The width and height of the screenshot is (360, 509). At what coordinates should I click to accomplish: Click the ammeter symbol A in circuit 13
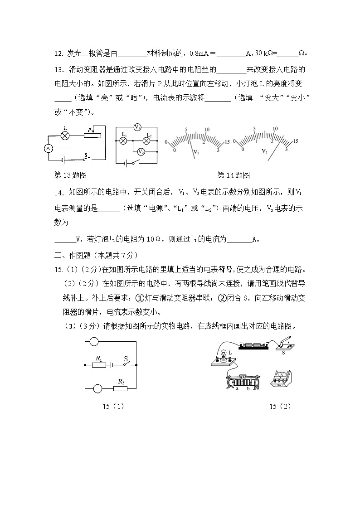tap(49, 148)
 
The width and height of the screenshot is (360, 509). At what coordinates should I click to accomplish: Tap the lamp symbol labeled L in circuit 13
tap(65, 136)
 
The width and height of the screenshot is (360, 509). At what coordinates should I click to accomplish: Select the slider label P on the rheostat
tap(89, 131)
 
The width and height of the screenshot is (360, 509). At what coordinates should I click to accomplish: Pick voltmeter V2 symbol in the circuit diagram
tap(141, 151)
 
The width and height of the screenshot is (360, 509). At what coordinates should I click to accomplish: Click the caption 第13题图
tap(70, 175)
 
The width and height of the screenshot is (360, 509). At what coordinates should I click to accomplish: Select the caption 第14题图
tap(234, 175)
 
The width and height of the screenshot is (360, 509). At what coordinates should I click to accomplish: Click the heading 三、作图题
tap(95, 255)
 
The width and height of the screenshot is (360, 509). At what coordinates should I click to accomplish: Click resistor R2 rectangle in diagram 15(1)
tap(121, 388)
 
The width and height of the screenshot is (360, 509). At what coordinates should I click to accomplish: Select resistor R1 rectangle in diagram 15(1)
tap(98, 364)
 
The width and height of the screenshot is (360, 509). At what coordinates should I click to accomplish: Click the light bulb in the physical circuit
tap(224, 356)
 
